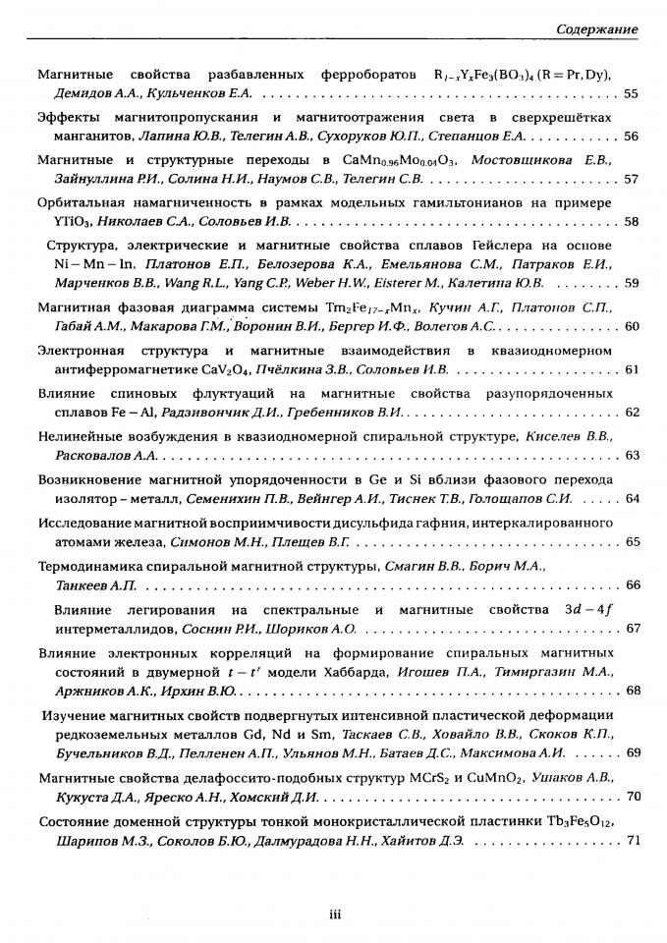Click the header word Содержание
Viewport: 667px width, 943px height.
tap(597, 29)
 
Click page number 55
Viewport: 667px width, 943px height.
tap(631, 93)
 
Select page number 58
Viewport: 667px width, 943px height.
tap(631, 221)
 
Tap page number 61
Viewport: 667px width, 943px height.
tap(631, 369)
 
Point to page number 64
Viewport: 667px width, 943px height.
tap(631, 499)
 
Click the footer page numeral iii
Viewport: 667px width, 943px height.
tap(334, 915)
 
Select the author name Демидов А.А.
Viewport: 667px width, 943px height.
tap(94, 93)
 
